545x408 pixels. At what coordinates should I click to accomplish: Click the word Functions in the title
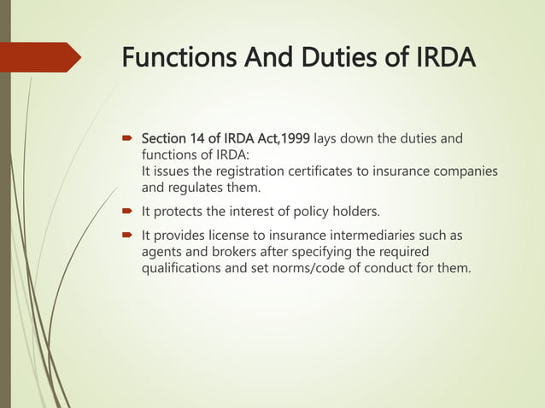tap(175, 59)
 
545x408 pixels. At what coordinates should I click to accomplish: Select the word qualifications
tap(184, 269)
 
